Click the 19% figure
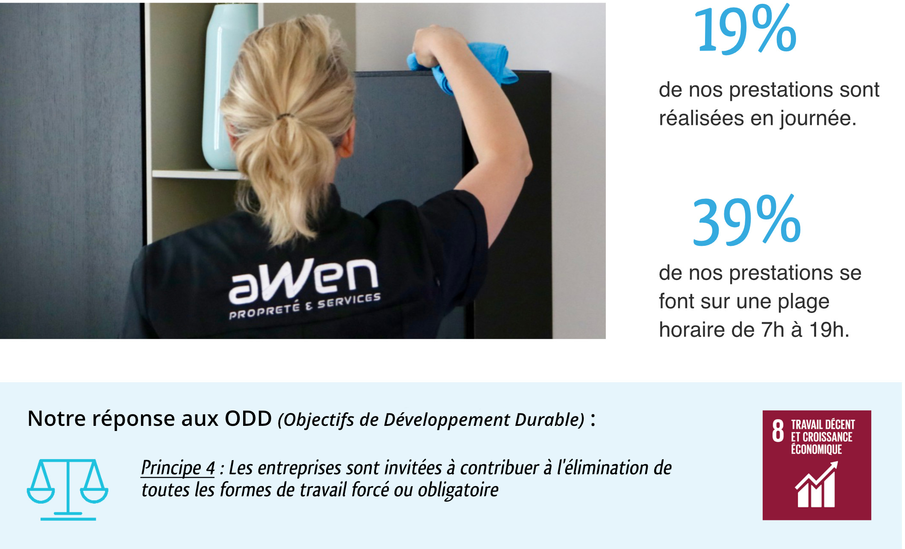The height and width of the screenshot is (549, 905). click(x=746, y=30)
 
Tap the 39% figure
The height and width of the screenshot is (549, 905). click(x=746, y=221)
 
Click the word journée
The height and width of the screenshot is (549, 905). click(x=818, y=119)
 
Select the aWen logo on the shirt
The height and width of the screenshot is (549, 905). click(x=304, y=280)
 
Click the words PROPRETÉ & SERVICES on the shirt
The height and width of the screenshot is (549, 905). click(x=305, y=306)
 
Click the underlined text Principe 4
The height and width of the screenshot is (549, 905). click(x=178, y=468)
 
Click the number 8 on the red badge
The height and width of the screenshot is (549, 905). click(x=778, y=431)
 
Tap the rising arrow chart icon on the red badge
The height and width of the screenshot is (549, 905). click(x=816, y=484)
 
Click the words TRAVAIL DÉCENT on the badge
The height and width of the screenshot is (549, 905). click(x=823, y=425)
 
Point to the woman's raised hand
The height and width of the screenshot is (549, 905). click(x=440, y=47)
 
